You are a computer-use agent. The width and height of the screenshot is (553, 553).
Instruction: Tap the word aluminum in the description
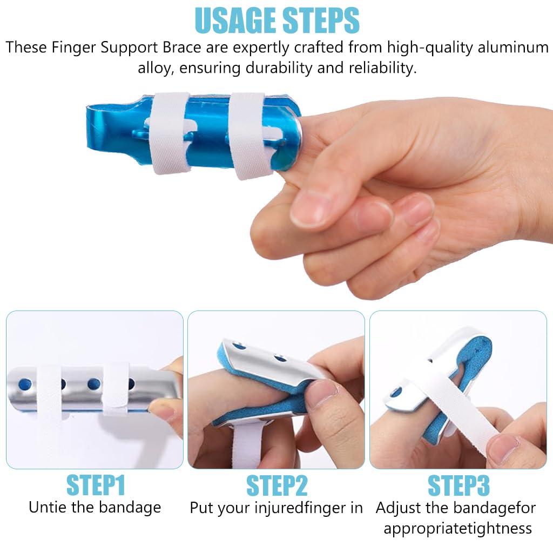click(x=513, y=48)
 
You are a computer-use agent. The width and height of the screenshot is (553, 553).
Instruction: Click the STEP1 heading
click(x=96, y=485)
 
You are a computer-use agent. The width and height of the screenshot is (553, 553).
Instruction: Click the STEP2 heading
click(x=276, y=485)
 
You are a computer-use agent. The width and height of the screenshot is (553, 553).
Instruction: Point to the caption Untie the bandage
click(x=95, y=507)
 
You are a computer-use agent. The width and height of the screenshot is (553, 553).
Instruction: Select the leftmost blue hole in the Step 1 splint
click(x=24, y=385)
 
